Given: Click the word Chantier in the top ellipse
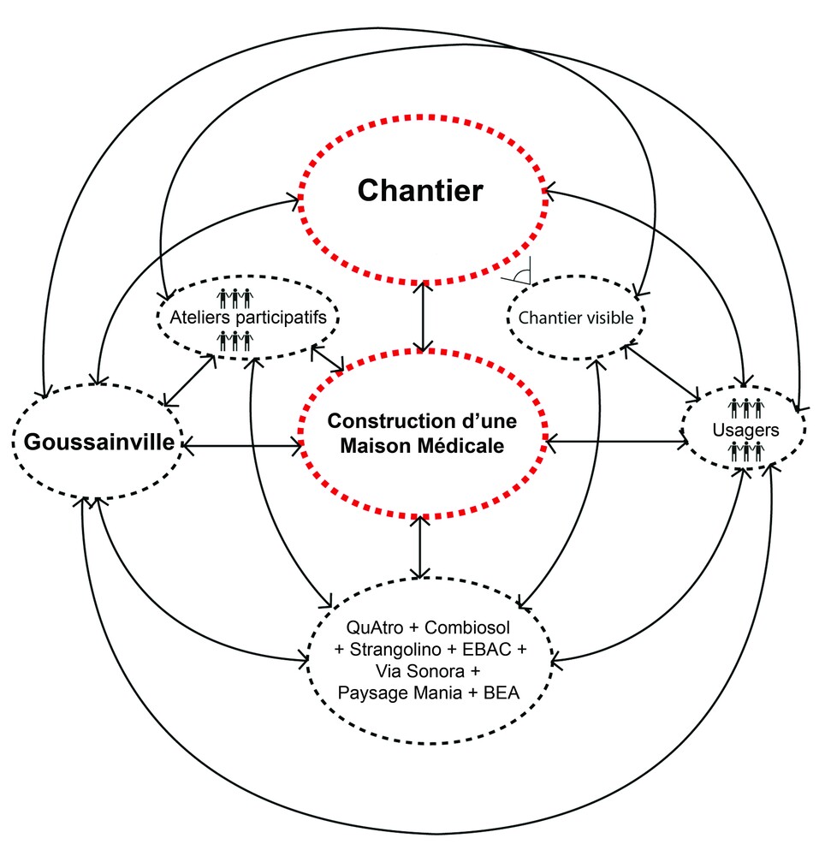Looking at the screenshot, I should [x=420, y=190].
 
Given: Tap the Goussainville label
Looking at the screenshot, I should [x=99, y=443].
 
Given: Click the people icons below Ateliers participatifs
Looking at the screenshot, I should [x=235, y=341].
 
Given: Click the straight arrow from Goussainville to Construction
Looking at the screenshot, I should [x=241, y=445].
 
